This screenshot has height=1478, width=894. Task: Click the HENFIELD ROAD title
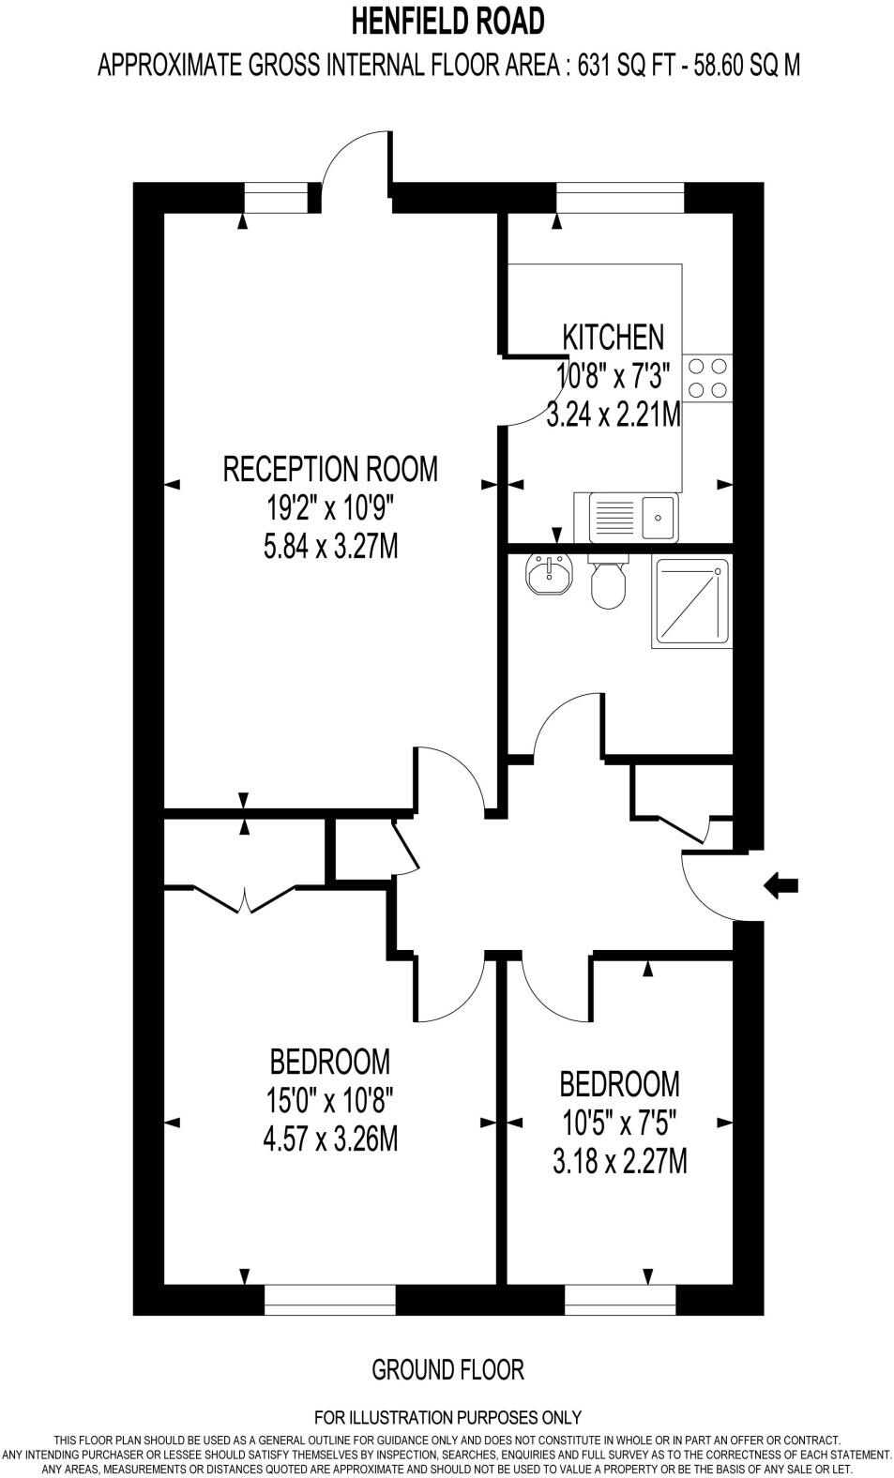point(447,20)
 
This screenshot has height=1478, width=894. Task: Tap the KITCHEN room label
point(613,337)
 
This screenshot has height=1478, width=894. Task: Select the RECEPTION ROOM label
point(330,468)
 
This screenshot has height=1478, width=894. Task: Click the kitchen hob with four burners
point(707,377)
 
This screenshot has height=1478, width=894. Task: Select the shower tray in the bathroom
point(692,602)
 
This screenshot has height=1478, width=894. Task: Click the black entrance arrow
point(781,884)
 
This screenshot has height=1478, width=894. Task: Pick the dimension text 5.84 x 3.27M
point(330,546)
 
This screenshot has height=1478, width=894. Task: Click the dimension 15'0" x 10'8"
point(329,1100)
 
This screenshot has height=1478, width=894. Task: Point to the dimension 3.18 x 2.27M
point(619,1162)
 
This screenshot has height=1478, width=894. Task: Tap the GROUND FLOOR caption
point(447,1369)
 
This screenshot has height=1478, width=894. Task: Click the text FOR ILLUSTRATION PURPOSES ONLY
point(447,1417)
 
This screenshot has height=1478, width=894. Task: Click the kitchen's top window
point(620,199)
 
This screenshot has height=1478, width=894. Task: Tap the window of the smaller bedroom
point(620,1299)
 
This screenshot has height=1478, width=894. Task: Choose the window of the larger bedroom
point(329,1299)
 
